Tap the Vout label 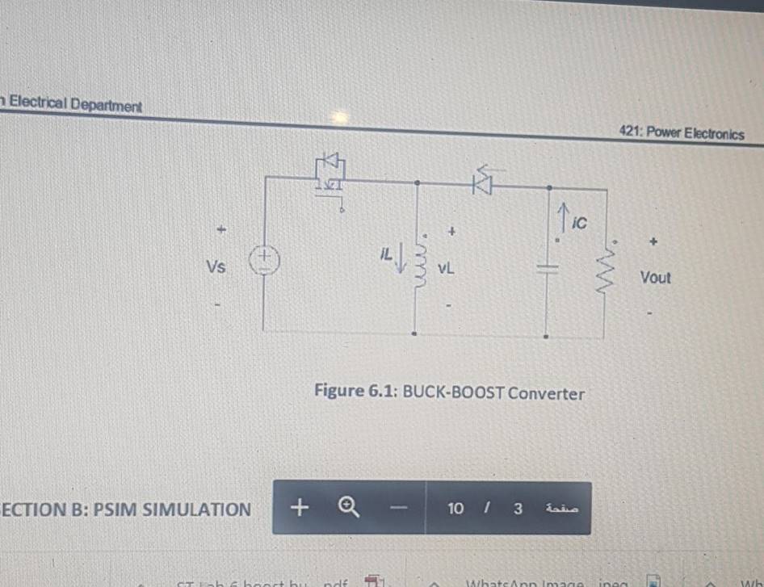[655, 278]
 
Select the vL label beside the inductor [445, 270]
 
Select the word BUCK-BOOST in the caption [453, 393]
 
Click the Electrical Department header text [74, 105]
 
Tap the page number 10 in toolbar [455, 508]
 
